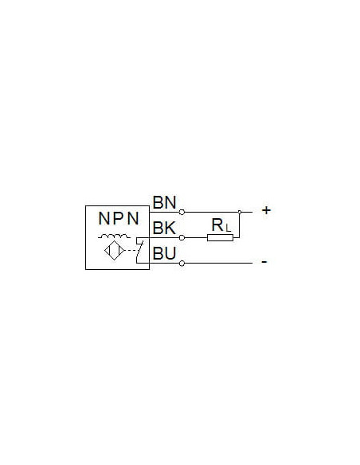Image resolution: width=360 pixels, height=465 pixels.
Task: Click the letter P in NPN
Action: click(119, 218)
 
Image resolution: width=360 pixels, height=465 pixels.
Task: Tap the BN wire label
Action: click(164, 202)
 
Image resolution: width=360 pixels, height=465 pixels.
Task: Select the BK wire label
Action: click(164, 228)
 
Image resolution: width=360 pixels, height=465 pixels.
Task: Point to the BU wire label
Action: click(164, 253)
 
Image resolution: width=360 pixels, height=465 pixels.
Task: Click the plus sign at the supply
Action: click(266, 210)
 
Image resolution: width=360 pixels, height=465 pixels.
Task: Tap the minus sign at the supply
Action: click(264, 261)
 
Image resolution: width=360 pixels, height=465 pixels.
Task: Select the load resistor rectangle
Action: click(220, 237)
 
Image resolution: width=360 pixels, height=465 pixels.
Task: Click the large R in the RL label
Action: click(217, 225)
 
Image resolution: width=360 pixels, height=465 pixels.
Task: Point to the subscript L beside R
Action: click(228, 228)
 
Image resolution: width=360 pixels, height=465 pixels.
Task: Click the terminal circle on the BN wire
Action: click(182, 212)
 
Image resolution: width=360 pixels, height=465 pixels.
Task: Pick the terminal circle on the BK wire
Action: click(182, 237)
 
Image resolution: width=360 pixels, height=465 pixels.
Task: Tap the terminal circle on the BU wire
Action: click(182, 264)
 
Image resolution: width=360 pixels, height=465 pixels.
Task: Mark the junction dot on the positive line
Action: click(240, 212)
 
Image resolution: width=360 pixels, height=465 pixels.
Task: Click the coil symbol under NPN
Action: click(114, 236)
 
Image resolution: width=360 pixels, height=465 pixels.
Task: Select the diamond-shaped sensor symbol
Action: click(114, 251)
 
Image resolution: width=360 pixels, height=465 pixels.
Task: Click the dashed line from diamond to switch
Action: click(131, 251)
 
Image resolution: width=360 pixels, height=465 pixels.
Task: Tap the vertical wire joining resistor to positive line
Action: click(239, 225)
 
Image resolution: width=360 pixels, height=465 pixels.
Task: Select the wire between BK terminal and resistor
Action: click(196, 237)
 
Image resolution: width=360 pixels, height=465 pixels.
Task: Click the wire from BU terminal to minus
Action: click(218, 263)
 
